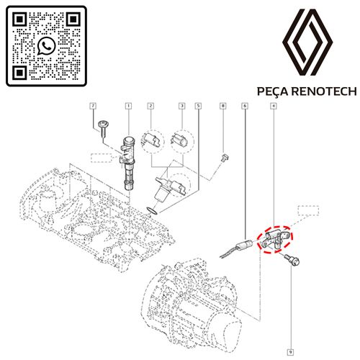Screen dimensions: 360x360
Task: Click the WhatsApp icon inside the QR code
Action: (46, 45)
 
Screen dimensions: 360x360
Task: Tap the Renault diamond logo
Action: (307, 42)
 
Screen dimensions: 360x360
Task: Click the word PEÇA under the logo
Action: (272, 91)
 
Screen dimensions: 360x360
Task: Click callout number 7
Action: (93, 106)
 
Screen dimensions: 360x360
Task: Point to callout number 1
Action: (129, 106)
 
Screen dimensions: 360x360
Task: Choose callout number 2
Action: (150, 106)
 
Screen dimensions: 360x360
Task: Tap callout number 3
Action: (182, 106)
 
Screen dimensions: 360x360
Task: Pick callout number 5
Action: (198, 106)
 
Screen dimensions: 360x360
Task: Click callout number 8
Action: (223, 106)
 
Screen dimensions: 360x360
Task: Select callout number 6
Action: (245, 106)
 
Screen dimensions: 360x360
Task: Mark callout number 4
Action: (274, 106)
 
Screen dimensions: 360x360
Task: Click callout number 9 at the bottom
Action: (290, 352)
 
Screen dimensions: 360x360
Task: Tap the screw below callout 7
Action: (103, 128)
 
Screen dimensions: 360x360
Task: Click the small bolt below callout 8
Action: (225, 158)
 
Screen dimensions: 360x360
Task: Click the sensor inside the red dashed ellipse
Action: (274, 238)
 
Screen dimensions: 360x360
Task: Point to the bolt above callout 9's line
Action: (292, 260)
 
